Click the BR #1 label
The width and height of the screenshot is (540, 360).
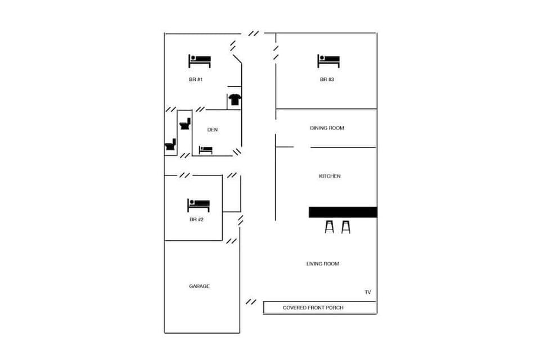click(x=196, y=80)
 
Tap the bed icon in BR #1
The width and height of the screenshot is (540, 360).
click(x=199, y=60)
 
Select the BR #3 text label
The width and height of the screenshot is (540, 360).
click(x=327, y=80)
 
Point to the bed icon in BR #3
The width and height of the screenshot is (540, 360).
click(x=328, y=60)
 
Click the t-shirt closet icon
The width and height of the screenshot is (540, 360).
click(x=234, y=100)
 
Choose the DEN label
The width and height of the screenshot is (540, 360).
click(x=212, y=130)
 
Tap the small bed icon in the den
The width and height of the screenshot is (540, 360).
click(x=205, y=150)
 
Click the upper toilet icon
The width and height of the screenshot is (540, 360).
click(x=185, y=123)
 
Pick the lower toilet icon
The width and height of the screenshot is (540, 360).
click(x=170, y=145)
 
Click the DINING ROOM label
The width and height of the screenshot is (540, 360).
click(x=327, y=128)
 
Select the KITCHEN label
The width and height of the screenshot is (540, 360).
click(x=330, y=177)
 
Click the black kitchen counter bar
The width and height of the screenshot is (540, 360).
click(x=343, y=212)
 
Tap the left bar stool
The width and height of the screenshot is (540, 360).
click(x=329, y=227)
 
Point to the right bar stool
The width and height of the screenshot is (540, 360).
click(x=345, y=227)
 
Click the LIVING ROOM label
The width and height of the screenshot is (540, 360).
click(x=323, y=264)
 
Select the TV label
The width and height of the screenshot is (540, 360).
click(x=367, y=292)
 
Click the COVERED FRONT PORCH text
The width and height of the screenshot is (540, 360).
click(x=313, y=308)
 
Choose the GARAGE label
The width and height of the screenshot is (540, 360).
click(x=199, y=286)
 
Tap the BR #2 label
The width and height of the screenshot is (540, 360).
click(x=196, y=219)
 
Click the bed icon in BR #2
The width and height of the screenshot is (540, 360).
click(x=198, y=204)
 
